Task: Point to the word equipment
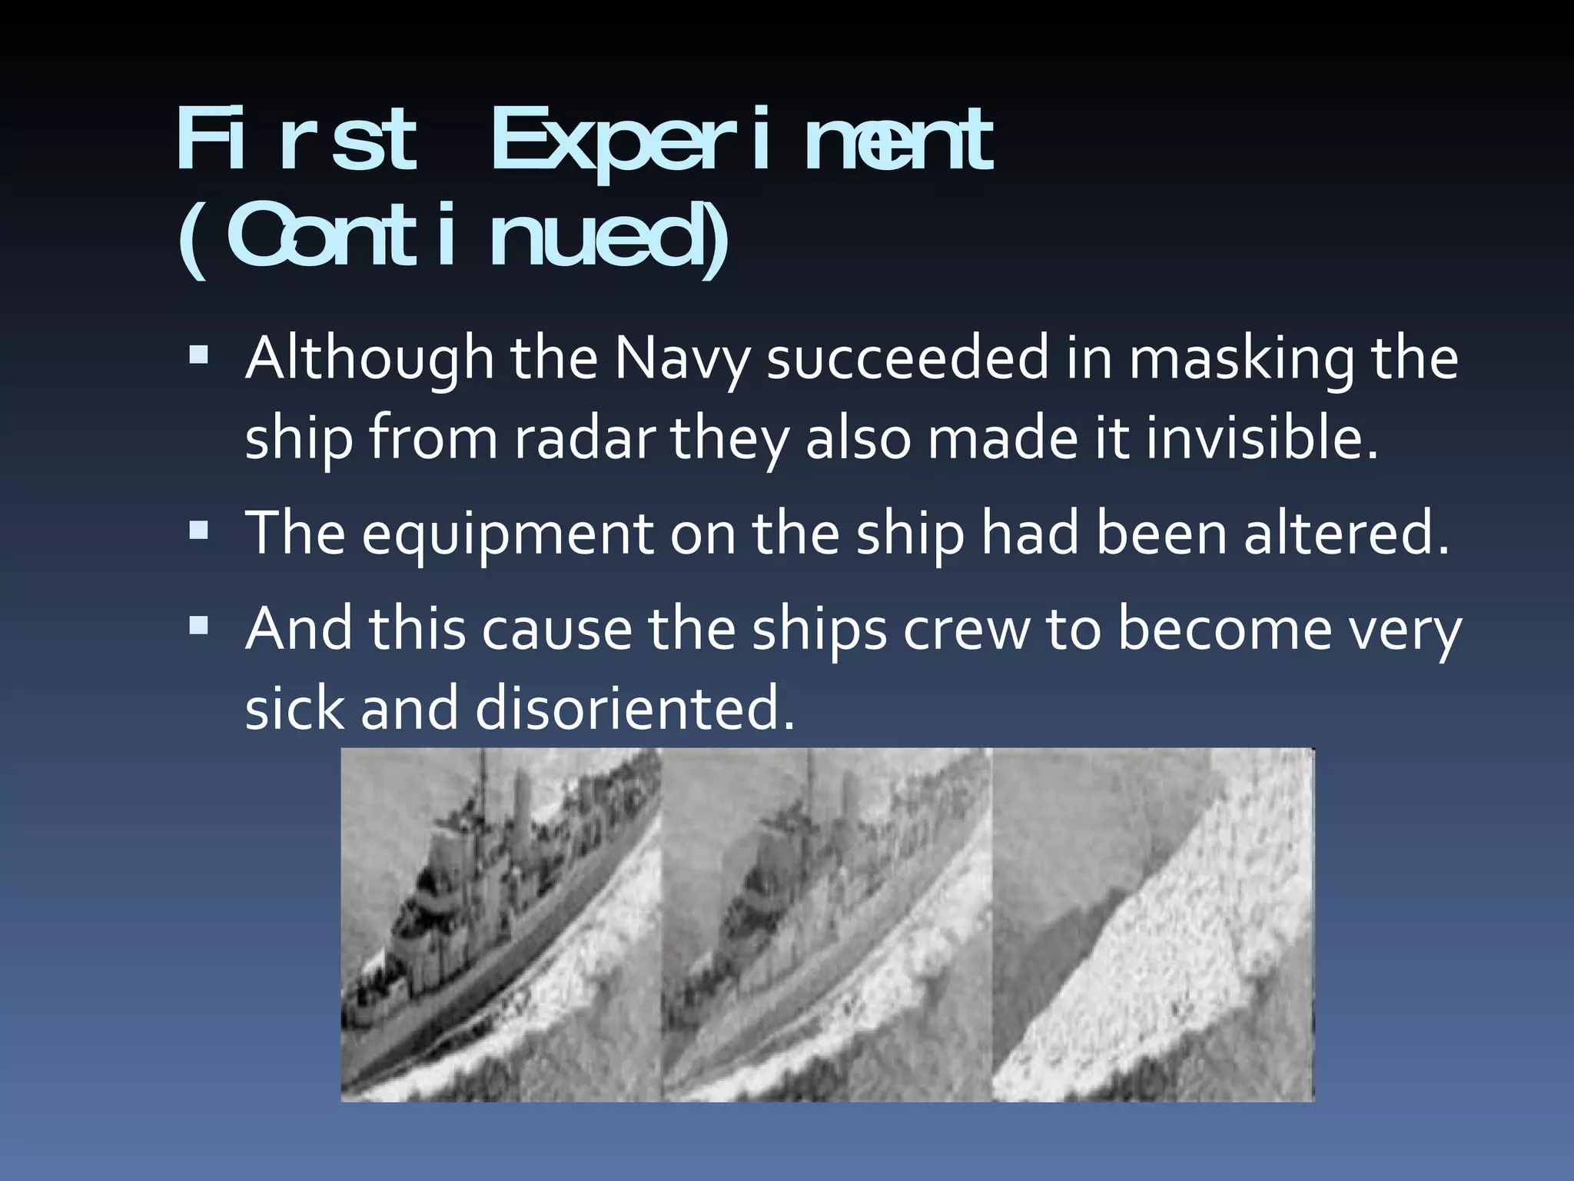[x=507, y=534]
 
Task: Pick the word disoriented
[x=635, y=707]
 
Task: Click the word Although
[x=369, y=360]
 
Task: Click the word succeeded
[x=908, y=360]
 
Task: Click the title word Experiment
[x=742, y=143]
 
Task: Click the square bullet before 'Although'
[x=198, y=354]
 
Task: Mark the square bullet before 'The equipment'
[x=198, y=530]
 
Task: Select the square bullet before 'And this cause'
[x=198, y=626]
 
